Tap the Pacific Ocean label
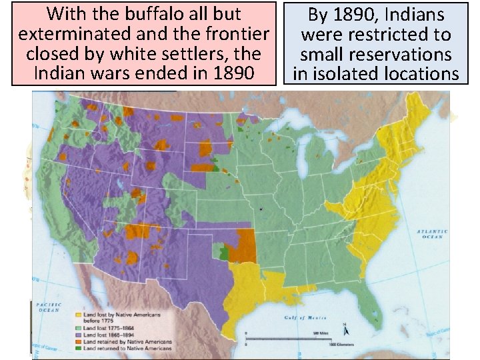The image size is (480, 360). click(x=49, y=307)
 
